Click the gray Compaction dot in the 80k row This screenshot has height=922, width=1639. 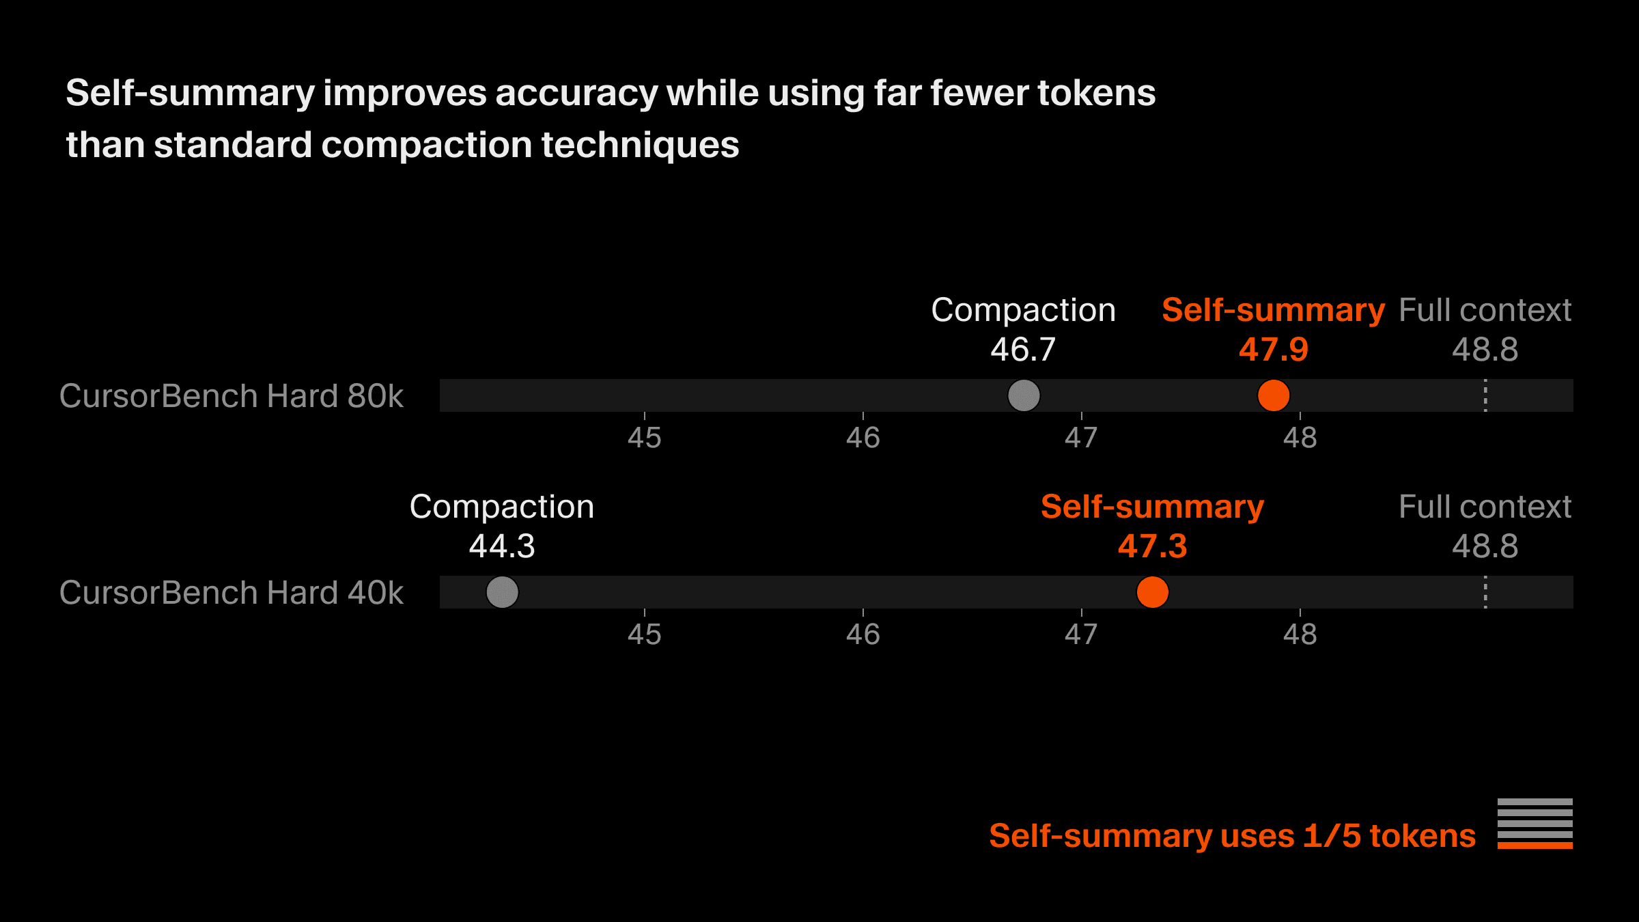[1023, 395]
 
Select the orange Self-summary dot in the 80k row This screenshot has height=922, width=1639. [1273, 395]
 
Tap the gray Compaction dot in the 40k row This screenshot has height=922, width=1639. [502, 592]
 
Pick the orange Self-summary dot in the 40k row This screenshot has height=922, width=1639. [1152, 592]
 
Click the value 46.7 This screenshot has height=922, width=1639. [1023, 350]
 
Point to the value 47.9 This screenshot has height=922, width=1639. [1273, 350]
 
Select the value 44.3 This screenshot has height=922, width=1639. [502, 546]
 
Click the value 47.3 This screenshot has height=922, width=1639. [1152, 546]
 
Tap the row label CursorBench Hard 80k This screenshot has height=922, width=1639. [231, 396]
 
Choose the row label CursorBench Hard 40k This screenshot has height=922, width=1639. [231, 593]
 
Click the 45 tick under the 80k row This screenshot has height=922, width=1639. [644, 438]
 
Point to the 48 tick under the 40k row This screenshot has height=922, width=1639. [1300, 634]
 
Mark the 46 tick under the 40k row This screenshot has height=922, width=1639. [863, 634]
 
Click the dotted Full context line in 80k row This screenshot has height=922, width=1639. [1485, 395]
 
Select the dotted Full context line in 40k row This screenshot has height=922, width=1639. [1485, 592]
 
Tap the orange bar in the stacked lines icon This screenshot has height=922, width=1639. [1535, 846]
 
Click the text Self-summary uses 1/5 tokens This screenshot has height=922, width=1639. [1232, 836]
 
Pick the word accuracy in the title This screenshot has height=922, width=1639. [575, 94]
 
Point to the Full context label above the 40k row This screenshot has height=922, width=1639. [1485, 507]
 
